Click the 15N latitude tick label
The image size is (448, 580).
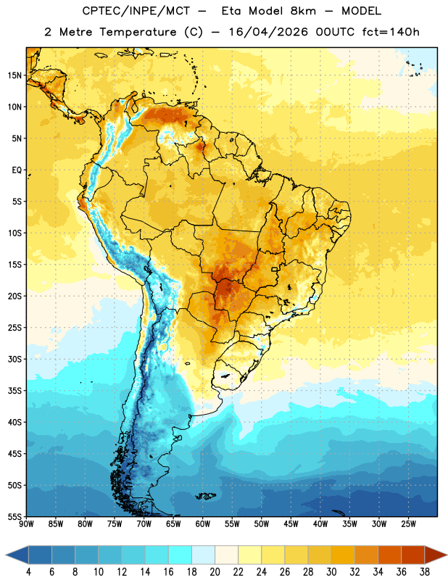[14, 75]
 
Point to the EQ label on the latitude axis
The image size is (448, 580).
[17, 170]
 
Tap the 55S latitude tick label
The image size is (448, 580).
[14, 516]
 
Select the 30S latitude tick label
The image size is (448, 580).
[14, 359]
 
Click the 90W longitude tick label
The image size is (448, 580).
[26, 524]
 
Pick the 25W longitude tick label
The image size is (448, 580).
[408, 524]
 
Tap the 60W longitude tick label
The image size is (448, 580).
[203, 524]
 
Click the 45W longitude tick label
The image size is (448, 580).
[291, 524]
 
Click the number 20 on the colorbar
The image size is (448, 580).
[215, 572]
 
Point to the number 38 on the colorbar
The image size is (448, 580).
[425, 572]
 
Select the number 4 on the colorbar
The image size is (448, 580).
[28, 572]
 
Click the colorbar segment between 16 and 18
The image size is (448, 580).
[180, 555]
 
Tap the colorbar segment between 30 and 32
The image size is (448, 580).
[343, 555]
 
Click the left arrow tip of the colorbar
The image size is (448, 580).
[6, 555]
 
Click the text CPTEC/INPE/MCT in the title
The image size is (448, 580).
[136, 11]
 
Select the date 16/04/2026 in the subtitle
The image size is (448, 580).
[268, 32]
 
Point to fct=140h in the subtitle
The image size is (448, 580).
[391, 32]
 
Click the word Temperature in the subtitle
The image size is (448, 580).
[138, 32]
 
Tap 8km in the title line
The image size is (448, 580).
[303, 11]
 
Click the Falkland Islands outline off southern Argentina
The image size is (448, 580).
[205, 496]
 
